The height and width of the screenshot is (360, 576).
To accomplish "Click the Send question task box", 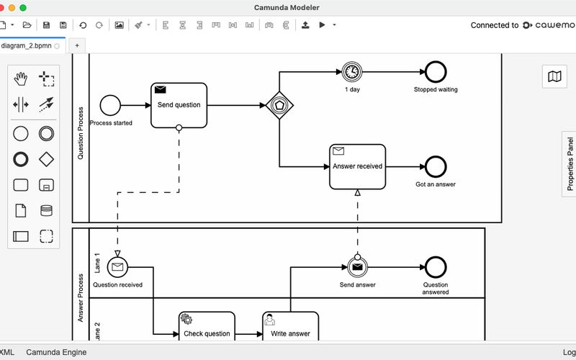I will click(x=179, y=105).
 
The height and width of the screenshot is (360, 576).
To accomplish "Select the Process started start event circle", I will click(x=110, y=105).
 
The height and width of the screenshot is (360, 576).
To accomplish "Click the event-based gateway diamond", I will click(x=280, y=105).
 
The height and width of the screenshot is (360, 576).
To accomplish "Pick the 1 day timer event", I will click(x=352, y=71).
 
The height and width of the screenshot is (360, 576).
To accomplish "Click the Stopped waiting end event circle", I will click(x=436, y=71).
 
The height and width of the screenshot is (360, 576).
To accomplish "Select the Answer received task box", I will click(x=357, y=166).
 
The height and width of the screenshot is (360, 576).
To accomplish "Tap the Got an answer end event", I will click(x=436, y=166).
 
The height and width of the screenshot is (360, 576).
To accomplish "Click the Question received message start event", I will click(x=117, y=267).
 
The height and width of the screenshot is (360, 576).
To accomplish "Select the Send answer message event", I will click(x=357, y=267).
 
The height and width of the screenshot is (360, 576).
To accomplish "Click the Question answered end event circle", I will click(x=436, y=267).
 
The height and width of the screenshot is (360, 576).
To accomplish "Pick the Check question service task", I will click(x=207, y=330).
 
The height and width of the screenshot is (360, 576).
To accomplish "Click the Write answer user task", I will click(x=290, y=330).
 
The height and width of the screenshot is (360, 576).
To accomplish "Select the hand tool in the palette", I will click(x=21, y=78).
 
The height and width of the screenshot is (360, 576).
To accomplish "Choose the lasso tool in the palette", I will click(x=46, y=78).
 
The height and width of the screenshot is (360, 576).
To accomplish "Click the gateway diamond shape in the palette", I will click(x=46, y=158).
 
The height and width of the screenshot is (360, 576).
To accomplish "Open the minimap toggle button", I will click(x=554, y=77).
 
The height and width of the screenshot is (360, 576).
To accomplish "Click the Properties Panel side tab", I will click(x=570, y=164).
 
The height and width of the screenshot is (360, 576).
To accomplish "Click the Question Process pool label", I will click(x=81, y=137).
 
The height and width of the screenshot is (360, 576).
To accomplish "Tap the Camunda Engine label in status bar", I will click(x=56, y=352).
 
